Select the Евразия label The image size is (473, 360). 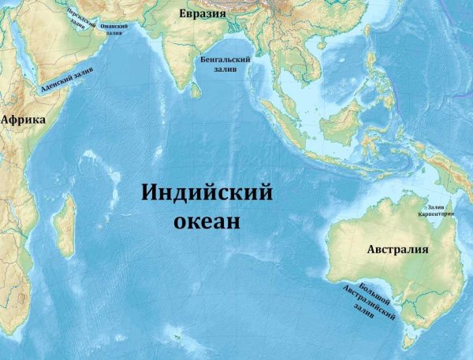click(202, 13)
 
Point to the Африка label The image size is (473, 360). click(23, 120)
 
